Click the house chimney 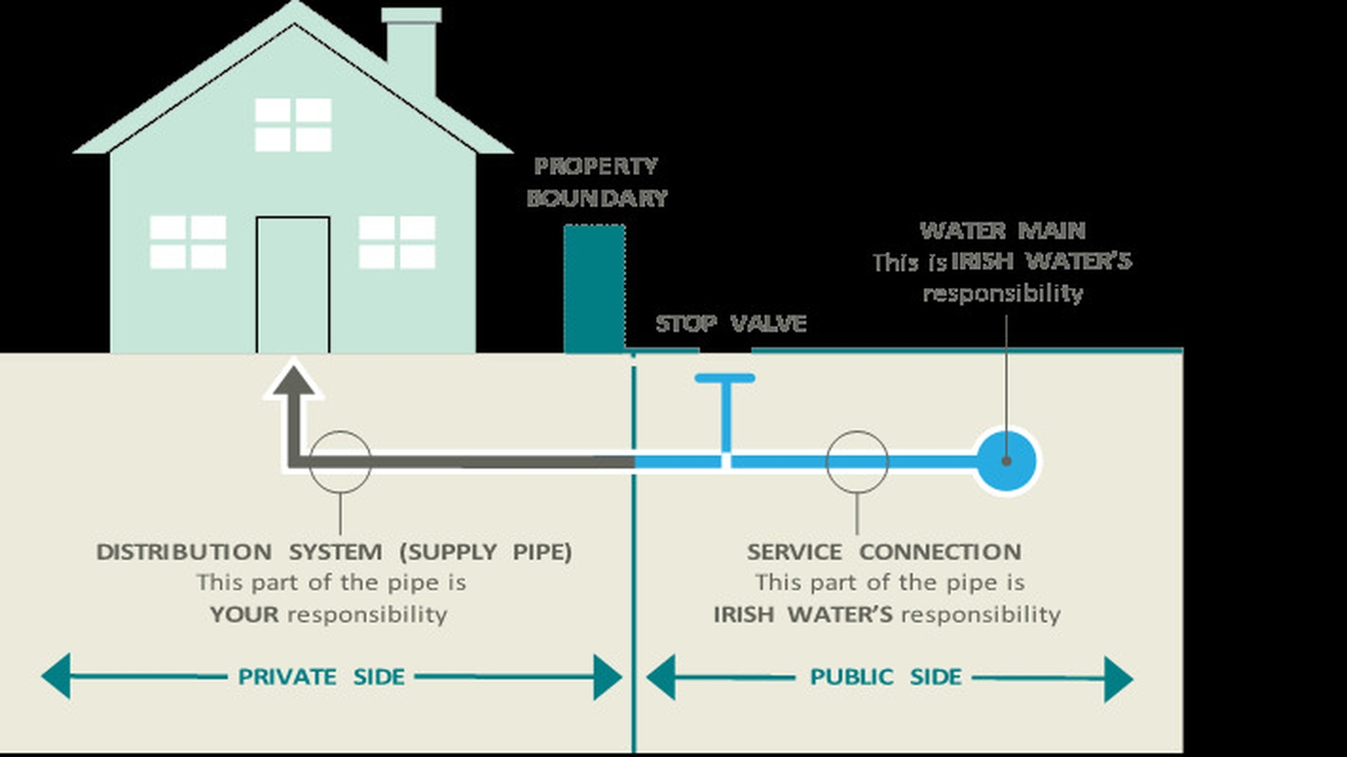tap(412, 51)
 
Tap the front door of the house tap(293, 285)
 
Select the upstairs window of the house tap(293, 125)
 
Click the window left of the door tap(188, 243)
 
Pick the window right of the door tap(397, 243)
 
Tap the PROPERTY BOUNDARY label tap(596, 182)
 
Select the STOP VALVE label tap(731, 323)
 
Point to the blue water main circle tap(1006, 461)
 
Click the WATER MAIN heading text tap(1002, 231)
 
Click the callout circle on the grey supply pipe tap(340, 461)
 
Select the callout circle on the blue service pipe tap(857, 461)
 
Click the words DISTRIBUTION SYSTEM tap(238, 552)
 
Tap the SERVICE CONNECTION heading tap(884, 552)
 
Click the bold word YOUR tap(244, 615)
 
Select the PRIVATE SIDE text tap(321, 677)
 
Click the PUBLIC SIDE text tap(885, 677)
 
